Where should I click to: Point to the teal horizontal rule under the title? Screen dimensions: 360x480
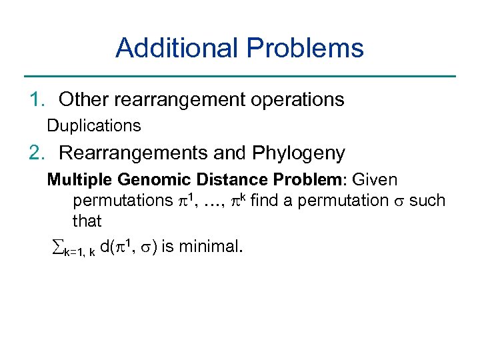tap(239, 76)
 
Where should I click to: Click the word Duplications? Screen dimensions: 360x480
tap(93, 125)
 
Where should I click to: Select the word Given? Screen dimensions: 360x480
tap(374, 180)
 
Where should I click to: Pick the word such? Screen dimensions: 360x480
tap(427, 200)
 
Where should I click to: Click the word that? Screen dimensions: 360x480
tap(87, 220)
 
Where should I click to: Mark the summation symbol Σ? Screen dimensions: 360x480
tap(57, 247)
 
